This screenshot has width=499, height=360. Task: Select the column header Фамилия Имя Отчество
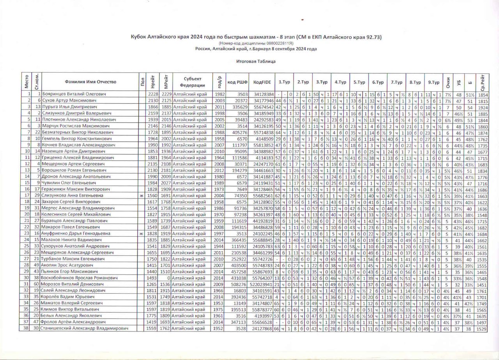pyautogui.click(x=91, y=82)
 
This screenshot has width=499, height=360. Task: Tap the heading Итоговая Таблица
pyautogui.click(x=256, y=61)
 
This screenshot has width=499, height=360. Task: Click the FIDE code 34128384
pyautogui.click(x=264, y=95)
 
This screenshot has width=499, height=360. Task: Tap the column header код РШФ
pyautogui.click(x=236, y=82)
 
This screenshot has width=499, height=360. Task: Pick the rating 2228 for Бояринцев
pyautogui.click(x=153, y=95)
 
